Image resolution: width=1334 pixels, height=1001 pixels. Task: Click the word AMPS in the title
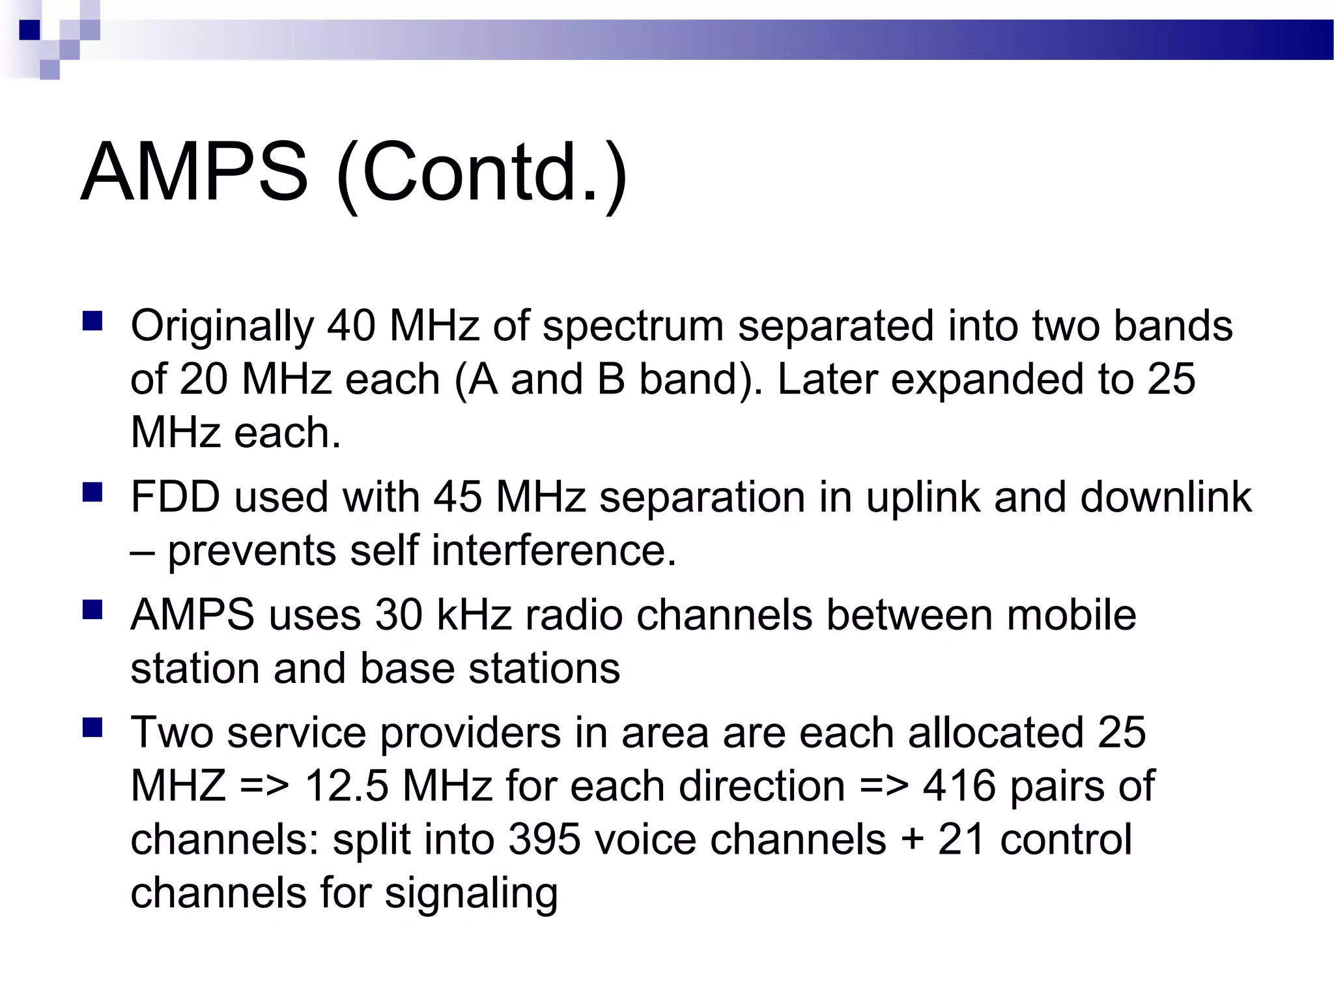pos(194,173)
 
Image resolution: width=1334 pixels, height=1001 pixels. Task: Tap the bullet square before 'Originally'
pos(92,322)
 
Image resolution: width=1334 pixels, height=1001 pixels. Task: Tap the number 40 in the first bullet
pos(351,326)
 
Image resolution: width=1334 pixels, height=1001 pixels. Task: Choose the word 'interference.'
pos(554,551)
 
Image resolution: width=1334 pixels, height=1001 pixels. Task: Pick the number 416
pos(959,787)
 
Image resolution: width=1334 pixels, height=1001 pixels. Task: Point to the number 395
pos(544,840)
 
